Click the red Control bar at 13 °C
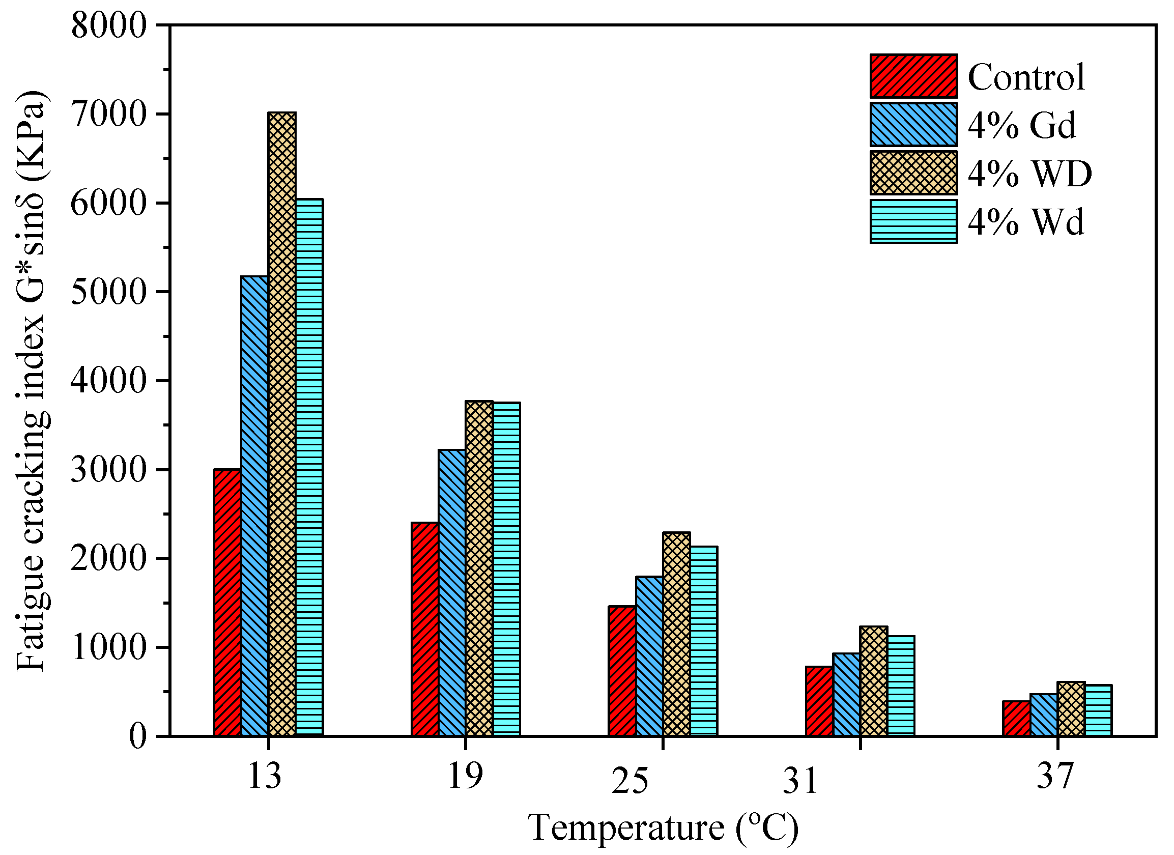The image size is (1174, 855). pyautogui.click(x=228, y=603)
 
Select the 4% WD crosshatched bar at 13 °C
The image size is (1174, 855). pyautogui.click(x=282, y=424)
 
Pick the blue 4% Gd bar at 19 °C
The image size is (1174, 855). pyautogui.click(x=452, y=593)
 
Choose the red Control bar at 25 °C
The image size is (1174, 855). pyautogui.click(x=622, y=671)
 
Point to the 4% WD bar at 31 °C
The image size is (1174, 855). pyautogui.click(x=874, y=681)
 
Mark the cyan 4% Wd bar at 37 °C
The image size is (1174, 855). pyautogui.click(x=1098, y=710)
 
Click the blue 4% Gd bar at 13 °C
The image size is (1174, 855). pyautogui.click(x=254, y=506)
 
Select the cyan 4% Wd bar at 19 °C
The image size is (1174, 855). pyautogui.click(x=507, y=569)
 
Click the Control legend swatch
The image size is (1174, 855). pyautogui.click(x=913, y=76)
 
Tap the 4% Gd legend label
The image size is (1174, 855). pyautogui.click(x=1022, y=125)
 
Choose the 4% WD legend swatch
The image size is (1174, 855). pyautogui.click(x=913, y=174)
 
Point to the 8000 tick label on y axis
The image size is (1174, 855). pyautogui.click(x=109, y=26)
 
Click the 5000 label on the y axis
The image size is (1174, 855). pyautogui.click(x=109, y=293)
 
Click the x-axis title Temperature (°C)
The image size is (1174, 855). pyautogui.click(x=664, y=828)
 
